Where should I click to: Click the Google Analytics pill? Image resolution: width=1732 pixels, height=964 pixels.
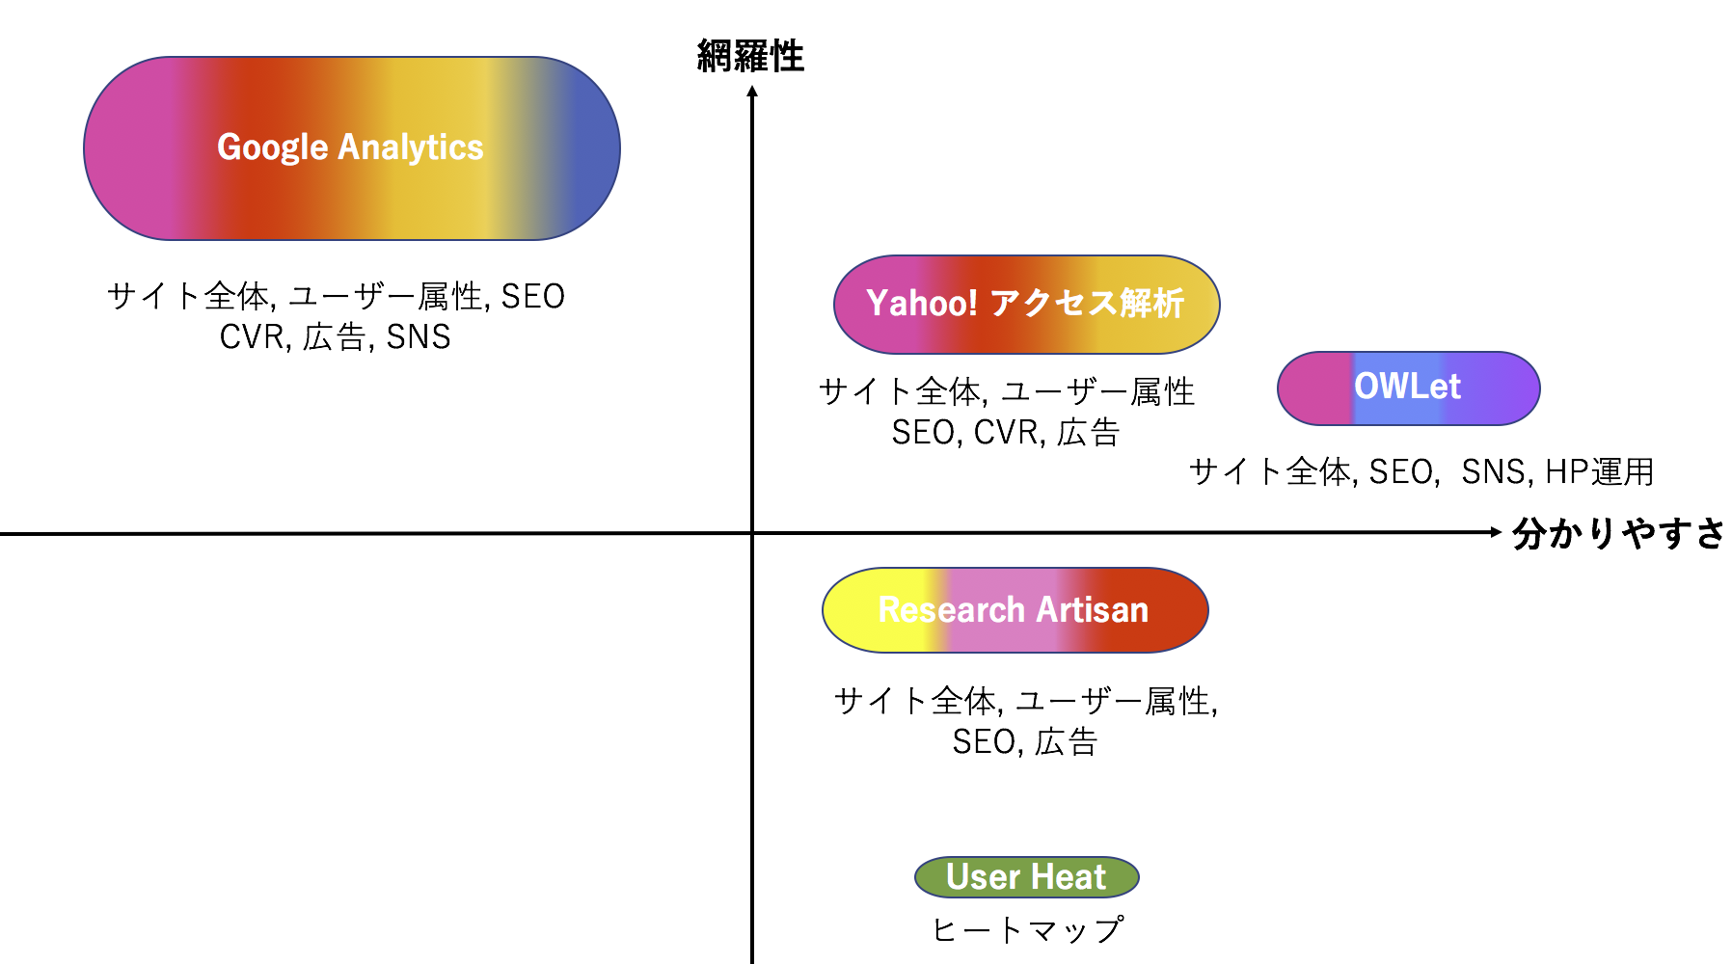point(352,148)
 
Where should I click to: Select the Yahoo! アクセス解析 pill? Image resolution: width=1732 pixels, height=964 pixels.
point(1027,305)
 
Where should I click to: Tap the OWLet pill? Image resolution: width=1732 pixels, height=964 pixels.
point(1409,388)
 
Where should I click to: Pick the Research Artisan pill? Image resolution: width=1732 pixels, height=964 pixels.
point(1015,610)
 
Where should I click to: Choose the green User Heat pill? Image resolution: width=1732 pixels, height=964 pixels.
point(1027,877)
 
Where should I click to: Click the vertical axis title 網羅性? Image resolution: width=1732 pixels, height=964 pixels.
point(750,56)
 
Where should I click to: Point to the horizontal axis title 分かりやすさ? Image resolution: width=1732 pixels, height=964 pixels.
point(1619,533)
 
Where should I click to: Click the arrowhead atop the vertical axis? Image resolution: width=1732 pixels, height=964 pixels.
point(752,91)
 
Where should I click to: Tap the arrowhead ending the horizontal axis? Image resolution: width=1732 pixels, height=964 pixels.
point(1497,532)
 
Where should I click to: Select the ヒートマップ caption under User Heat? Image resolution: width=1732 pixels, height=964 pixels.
point(1028,930)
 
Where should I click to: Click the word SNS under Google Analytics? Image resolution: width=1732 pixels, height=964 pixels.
point(419,337)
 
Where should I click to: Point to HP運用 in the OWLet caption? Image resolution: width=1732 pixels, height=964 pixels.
point(1600,472)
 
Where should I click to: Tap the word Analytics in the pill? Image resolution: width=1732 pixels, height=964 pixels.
point(411,147)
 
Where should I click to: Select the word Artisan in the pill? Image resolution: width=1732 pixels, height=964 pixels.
point(1093,610)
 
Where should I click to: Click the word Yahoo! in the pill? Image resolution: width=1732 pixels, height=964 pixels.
point(922,304)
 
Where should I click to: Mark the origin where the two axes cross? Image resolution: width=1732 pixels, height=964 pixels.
point(752,533)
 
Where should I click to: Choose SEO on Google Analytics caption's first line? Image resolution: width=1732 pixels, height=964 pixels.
point(533,297)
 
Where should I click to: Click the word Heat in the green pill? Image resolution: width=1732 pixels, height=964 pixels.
point(1069,877)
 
